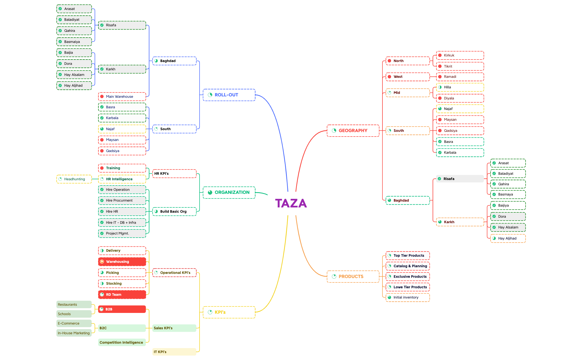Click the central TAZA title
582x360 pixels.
(x=291, y=203)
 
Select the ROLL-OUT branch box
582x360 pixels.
(x=229, y=95)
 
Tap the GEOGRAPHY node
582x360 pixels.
(x=353, y=131)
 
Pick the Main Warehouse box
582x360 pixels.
(x=122, y=97)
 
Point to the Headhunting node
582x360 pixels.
(x=74, y=179)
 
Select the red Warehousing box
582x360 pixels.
(x=122, y=262)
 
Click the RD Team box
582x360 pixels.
(x=122, y=295)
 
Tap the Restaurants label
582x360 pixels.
(x=74, y=305)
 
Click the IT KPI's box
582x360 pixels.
(x=174, y=352)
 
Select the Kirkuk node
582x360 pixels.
(x=460, y=55)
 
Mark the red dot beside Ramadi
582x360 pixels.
(x=440, y=77)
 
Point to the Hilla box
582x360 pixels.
(x=460, y=87)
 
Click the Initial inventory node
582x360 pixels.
(x=407, y=297)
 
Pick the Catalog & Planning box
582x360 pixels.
(x=407, y=266)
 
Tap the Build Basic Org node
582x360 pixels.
(x=174, y=212)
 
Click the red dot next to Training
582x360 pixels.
(x=102, y=168)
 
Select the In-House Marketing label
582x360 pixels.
(x=74, y=333)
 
